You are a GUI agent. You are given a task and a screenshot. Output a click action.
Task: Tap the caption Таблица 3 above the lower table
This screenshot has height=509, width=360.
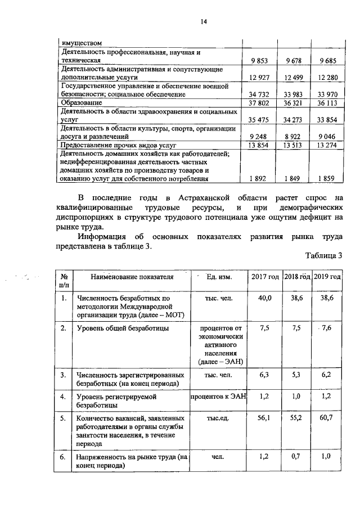323,256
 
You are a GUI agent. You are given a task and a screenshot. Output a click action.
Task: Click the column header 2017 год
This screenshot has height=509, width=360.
264,277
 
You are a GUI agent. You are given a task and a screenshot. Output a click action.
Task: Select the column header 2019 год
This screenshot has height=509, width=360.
327,277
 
